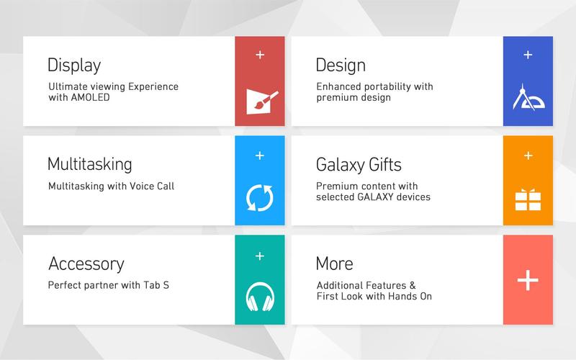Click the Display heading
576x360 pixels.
click(74, 66)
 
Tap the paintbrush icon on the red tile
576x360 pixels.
click(259, 100)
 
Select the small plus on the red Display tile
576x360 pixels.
click(260, 55)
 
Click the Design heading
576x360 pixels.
click(341, 66)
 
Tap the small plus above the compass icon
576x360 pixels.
click(528, 55)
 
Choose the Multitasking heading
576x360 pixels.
click(90, 164)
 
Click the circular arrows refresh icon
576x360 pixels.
click(260, 199)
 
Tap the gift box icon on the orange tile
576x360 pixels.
click(528, 199)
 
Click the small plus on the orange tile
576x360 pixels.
click(528, 155)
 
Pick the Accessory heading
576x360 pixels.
click(86, 264)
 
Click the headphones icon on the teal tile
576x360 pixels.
click(260, 297)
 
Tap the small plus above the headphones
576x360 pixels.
click(260, 255)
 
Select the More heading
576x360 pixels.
click(334, 264)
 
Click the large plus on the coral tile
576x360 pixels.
click(528, 280)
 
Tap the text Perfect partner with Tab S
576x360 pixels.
click(108, 285)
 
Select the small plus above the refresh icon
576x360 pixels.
click(260, 155)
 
